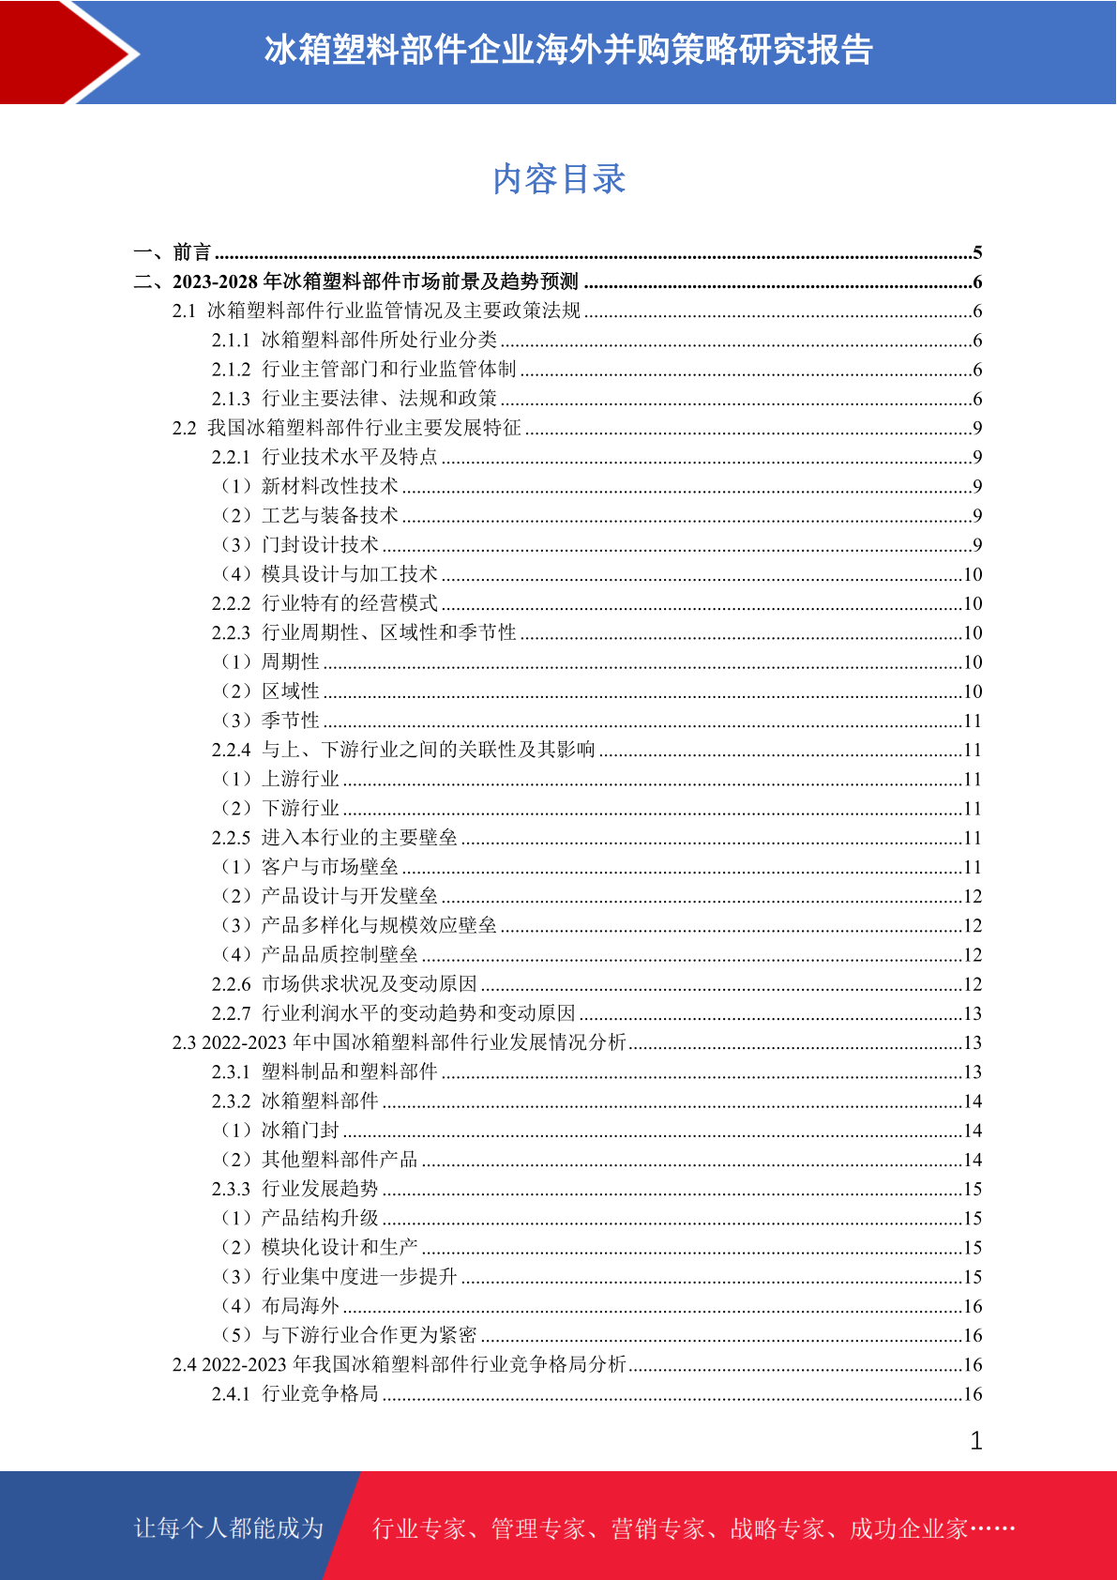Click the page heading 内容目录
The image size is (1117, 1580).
pos(559,179)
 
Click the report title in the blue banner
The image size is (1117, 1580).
pos(568,50)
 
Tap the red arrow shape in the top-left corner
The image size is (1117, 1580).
pos(66,52)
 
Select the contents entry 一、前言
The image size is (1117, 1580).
pos(174,252)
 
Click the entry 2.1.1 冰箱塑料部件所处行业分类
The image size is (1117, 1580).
pos(355,340)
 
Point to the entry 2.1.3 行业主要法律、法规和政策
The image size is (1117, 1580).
pos(355,399)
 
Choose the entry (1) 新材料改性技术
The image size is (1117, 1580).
pos(310,486)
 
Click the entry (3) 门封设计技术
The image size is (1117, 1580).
pos(300,545)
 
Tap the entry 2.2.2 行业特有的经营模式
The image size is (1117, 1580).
pos(325,603)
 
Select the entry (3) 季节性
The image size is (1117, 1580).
pos(271,721)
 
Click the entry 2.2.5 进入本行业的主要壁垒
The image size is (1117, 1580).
pos(335,838)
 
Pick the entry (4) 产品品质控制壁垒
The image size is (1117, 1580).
pos(320,955)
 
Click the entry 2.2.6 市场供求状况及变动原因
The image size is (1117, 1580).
pos(344,984)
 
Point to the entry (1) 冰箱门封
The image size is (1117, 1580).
pos(280,1131)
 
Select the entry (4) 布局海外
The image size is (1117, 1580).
pos(280,1306)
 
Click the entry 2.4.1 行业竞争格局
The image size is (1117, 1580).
pos(295,1394)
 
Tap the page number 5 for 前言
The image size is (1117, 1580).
pos(977,252)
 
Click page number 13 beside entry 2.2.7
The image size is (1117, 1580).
pos(973,1014)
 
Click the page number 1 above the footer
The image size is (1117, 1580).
pos(976,1441)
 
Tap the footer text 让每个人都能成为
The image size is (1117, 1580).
pos(229,1528)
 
